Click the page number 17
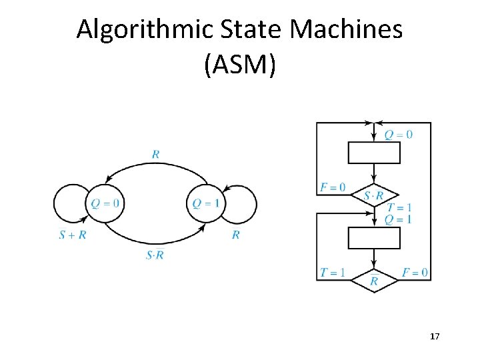coord(435,337)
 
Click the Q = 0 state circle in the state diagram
coord(105,203)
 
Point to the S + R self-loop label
coord(73,235)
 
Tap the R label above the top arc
coord(155,155)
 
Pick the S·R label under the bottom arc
coord(155,255)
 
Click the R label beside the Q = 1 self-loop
coord(236,235)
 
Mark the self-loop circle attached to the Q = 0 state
coord(71,203)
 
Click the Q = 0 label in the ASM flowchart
coord(398,135)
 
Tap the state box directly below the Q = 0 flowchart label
coord(374,153)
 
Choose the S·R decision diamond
coord(374,195)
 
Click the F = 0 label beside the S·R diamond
coord(333,187)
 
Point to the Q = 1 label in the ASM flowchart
coord(398,219)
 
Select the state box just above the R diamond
coord(374,238)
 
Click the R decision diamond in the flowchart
coord(374,281)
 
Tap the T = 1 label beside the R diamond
coord(333,272)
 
